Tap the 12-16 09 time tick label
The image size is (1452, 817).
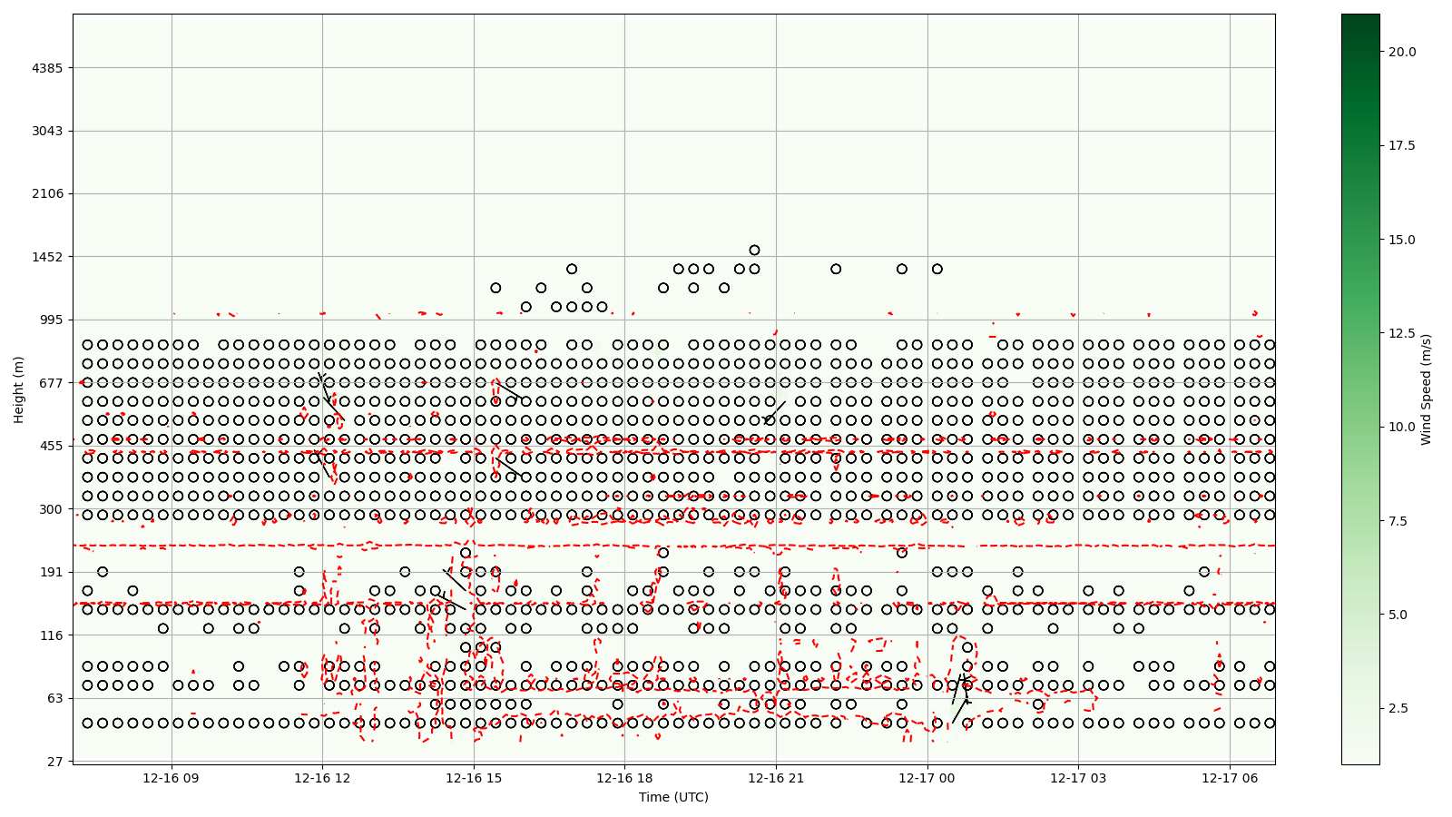(171, 778)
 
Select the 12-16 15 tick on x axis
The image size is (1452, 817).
(474, 778)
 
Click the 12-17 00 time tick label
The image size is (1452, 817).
(927, 778)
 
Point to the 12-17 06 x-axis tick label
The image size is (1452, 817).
(1230, 778)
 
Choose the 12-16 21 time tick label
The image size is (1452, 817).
(776, 778)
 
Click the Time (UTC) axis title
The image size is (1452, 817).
(673, 797)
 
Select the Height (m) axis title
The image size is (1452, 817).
(19, 389)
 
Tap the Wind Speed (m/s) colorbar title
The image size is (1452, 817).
(1426, 389)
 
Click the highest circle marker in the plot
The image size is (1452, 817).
(754, 251)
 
